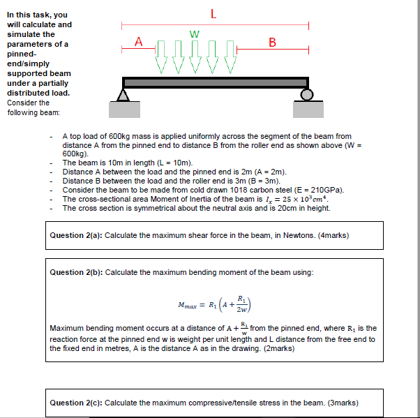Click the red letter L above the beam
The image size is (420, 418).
click(x=213, y=12)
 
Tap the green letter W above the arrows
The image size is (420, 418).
click(x=194, y=33)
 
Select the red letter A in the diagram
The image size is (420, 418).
click(x=138, y=42)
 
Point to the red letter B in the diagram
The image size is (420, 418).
click(x=272, y=43)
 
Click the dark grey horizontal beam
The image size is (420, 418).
click(x=216, y=82)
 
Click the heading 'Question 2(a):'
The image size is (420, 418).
click(x=76, y=235)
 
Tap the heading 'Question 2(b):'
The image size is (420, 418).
click(x=76, y=271)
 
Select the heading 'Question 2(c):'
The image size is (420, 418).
click(x=76, y=403)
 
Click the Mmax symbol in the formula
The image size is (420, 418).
click(x=189, y=304)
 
